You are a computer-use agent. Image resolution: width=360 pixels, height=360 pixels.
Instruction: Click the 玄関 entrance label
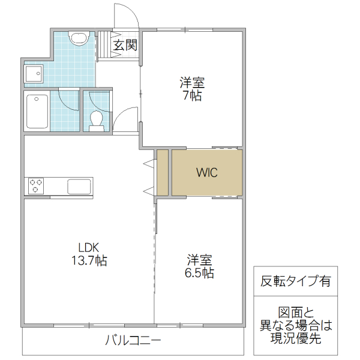point(126,45)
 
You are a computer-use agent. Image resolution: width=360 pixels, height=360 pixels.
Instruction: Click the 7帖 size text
point(192,95)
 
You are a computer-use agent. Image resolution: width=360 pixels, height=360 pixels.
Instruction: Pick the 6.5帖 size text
point(199,273)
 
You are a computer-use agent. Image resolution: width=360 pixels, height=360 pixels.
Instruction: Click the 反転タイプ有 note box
point(295,281)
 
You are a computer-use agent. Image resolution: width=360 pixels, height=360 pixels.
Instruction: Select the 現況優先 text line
point(295,339)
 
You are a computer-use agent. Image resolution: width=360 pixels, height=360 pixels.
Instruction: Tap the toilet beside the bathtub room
point(96,120)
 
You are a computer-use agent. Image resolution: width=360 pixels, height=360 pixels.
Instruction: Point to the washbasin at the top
point(79,38)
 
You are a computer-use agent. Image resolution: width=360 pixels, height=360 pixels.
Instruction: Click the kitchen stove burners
point(35,186)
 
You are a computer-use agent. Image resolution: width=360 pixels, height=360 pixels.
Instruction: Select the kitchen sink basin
point(79,186)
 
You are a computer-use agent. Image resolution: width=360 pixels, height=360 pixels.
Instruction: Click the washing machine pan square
point(33,74)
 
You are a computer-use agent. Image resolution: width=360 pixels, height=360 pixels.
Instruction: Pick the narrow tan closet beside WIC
point(161,173)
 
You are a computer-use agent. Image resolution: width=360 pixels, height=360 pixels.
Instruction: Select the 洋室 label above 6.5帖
point(199,260)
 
